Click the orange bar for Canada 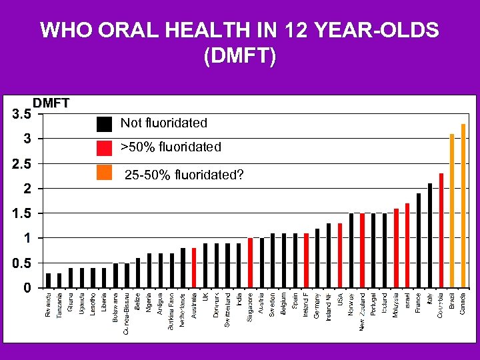coord(463,206)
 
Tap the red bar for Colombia coord(441,231)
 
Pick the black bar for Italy coord(430,235)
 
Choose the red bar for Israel coord(407,245)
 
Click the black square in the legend coord(104,124)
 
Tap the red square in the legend coord(104,147)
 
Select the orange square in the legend coord(104,172)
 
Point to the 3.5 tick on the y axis coord(21,114)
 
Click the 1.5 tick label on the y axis coord(21,213)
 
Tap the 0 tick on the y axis coord(25,288)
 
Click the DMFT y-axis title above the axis coord(51,103)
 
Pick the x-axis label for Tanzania coord(59,305)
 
